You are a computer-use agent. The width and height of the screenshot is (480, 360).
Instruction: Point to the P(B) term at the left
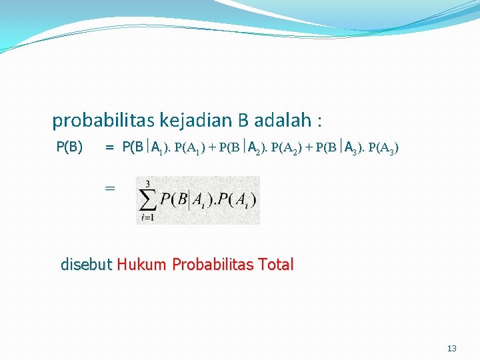[x=69, y=147]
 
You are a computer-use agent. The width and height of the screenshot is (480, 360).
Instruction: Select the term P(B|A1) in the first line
[x=145, y=147]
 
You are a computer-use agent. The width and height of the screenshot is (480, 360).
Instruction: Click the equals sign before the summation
[x=110, y=189]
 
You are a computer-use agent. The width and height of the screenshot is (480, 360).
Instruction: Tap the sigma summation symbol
[x=147, y=199]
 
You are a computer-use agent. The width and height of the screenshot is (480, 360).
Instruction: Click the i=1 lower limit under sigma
[x=147, y=217]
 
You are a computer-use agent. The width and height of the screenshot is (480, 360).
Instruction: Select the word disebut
[x=87, y=265]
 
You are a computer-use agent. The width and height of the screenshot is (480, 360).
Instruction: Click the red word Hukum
[x=142, y=265]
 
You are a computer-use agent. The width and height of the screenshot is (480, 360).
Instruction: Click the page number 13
[x=452, y=349]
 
